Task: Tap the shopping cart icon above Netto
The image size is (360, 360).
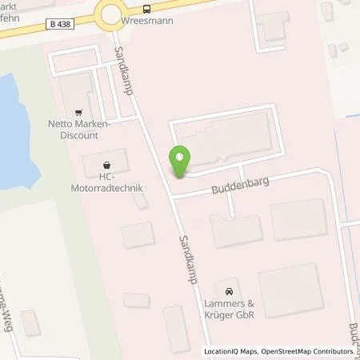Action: (78, 113)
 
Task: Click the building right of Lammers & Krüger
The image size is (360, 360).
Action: (290, 288)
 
